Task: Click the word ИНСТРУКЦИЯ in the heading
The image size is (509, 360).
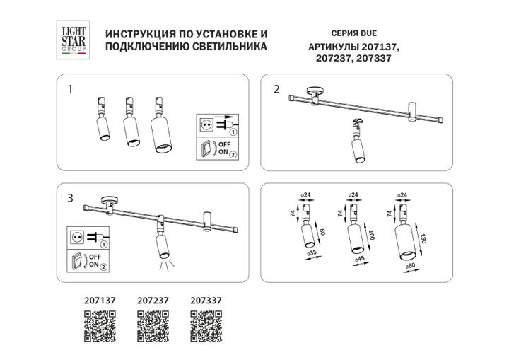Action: pyautogui.click(x=139, y=34)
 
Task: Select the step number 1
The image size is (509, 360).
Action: pyautogui.click(x=70, y=90)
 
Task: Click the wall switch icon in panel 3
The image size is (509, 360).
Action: pyautogui.click(x=76, y=261)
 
